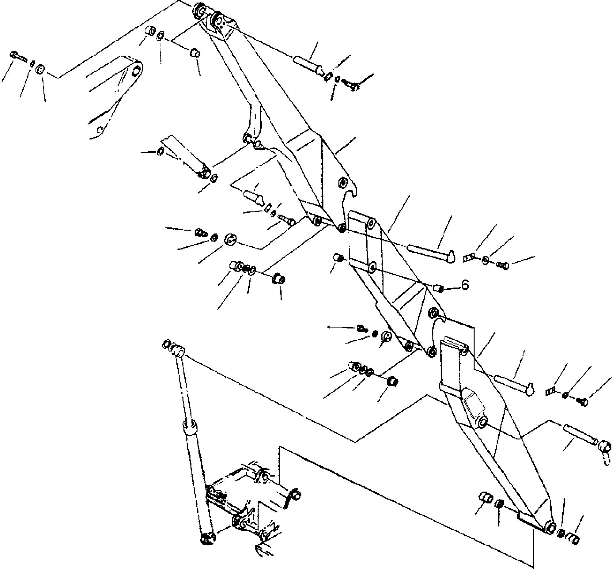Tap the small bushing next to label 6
tap(438, 288)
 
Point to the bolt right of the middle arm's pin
tap(503, 265)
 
